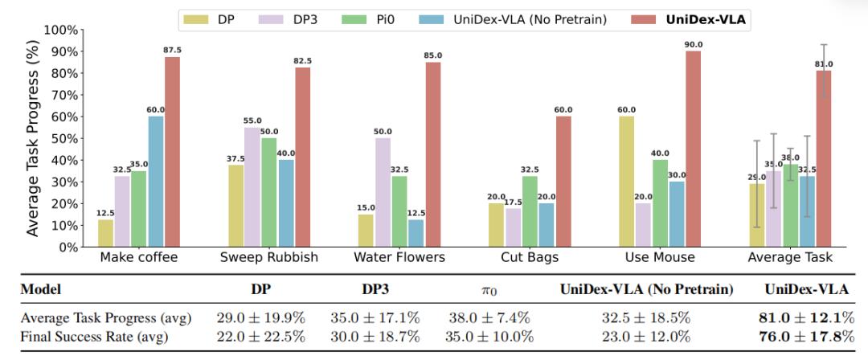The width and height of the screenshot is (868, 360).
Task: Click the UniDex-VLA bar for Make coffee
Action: (173, 153)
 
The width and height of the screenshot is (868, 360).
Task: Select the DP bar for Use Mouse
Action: (627, 182)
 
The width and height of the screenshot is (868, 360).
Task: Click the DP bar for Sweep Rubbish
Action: (235, 206)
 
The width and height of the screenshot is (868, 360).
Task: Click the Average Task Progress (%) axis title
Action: (33, 138)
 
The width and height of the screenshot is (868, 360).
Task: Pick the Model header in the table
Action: (41, 288)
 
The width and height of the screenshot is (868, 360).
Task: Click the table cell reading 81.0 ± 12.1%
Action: (807, 317)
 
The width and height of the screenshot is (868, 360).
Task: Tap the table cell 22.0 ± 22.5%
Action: (260, 337)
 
